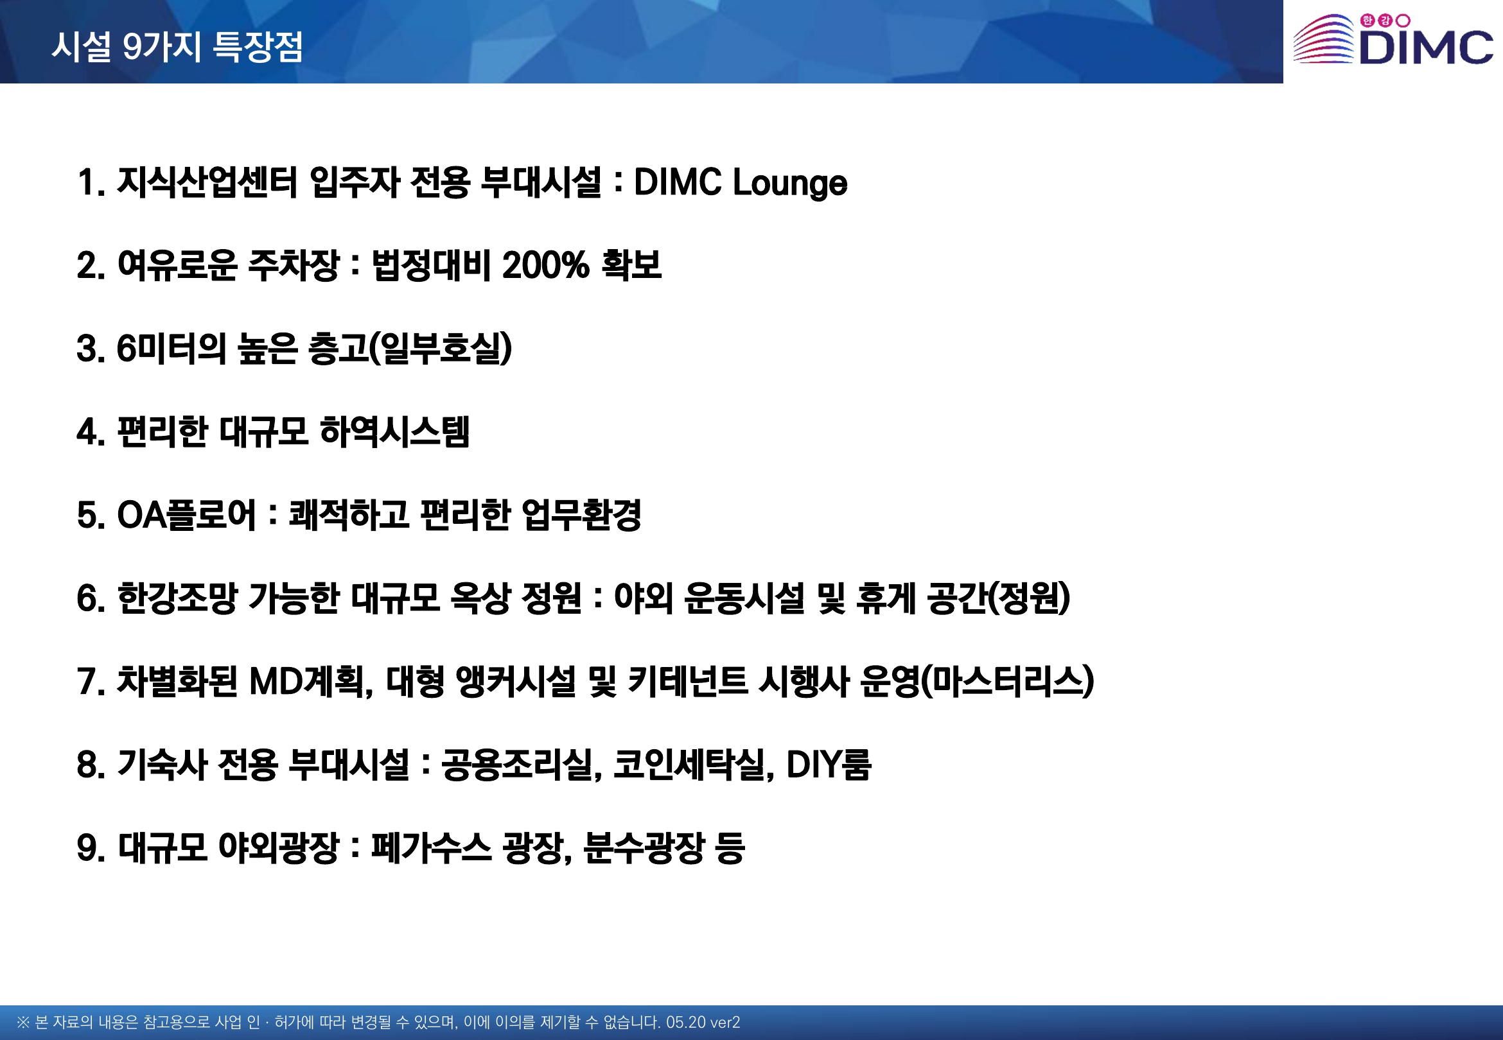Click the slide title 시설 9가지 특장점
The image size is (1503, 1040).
[x=177, y=46]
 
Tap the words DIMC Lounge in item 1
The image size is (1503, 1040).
[x=741, y=182]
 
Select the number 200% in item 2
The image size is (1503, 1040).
[x=545, y=265]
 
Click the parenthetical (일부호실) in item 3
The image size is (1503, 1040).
[x=441, y=349]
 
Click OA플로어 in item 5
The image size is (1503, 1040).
[x=186, y=515]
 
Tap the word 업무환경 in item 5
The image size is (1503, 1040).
[x=581, y=515]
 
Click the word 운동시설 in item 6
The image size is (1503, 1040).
[x=744, y=598]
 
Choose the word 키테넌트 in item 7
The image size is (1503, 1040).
[x=688, y=682]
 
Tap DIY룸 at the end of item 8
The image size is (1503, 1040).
[x=829, y=765]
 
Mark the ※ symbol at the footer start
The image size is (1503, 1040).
[x=24, y=1023]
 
